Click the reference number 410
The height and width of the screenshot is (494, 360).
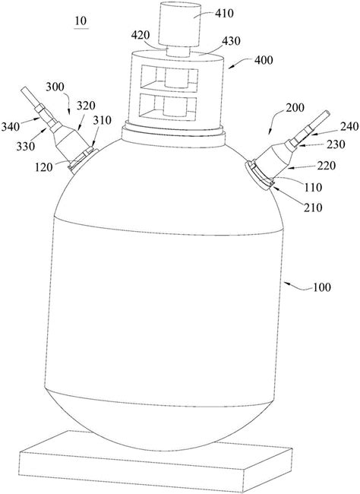point(223,14)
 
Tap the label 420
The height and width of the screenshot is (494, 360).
point(141,35)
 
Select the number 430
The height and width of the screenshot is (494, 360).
point(231,41)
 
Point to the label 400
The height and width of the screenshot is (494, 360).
point(264,59)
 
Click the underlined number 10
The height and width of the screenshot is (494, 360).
point(81,21)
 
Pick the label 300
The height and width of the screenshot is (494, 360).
point(55,87)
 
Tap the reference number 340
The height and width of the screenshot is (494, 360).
point(11,127)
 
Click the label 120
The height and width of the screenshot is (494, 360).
point(44,167)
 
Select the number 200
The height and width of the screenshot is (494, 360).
point(295,108)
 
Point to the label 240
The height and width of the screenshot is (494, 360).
point(349,127)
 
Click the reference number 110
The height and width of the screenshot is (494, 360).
point(314,188)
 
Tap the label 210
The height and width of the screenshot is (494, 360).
point(313,207)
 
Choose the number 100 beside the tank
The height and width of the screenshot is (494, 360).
point(321,287)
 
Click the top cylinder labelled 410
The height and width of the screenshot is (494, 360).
point(179,24)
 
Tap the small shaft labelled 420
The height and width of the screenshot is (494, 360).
point(178,51)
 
